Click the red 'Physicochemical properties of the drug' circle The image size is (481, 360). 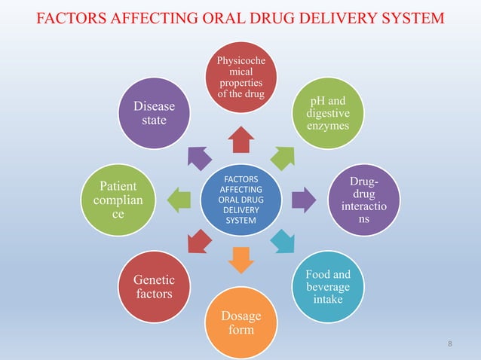point(240,75)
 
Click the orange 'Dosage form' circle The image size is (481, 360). point(240,322)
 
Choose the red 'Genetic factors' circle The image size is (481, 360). point(154,286)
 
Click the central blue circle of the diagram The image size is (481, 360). point(240,200)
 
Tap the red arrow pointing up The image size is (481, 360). point(240,139)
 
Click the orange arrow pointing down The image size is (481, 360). point(240,259)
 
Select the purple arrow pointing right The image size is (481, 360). point(302,200)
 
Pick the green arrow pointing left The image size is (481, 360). point(179,200)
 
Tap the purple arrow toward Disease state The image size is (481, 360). point(198,157)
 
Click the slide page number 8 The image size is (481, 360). point(450,345)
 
